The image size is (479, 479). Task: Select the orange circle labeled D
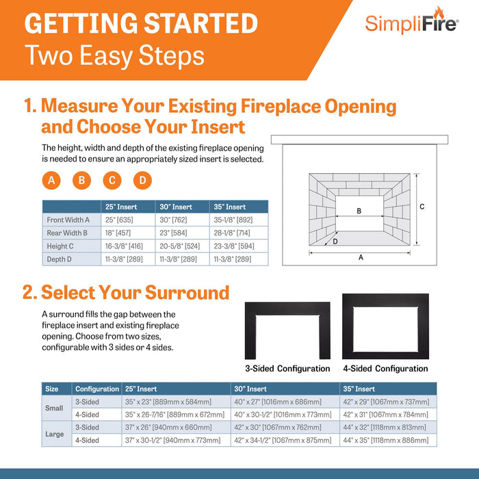(142, 181)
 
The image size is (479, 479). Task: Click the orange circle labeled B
(81, 181)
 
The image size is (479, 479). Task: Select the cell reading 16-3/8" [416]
(124, 246)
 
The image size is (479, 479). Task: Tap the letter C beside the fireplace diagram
(422, 207)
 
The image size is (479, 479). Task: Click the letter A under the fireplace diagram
(361, 258)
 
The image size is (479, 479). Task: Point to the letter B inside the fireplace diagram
(359, 211)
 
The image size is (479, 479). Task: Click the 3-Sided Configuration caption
(287, 368)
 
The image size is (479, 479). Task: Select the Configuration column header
(96, 389)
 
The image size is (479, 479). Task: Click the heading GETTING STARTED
(141, 23)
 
